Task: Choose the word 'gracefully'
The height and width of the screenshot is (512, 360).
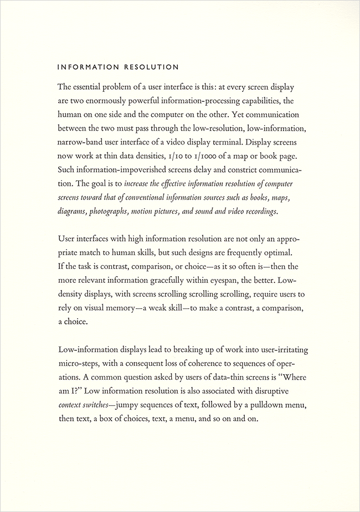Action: point(162,279)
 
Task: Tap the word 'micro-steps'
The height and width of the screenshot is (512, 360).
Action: point(79,363)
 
